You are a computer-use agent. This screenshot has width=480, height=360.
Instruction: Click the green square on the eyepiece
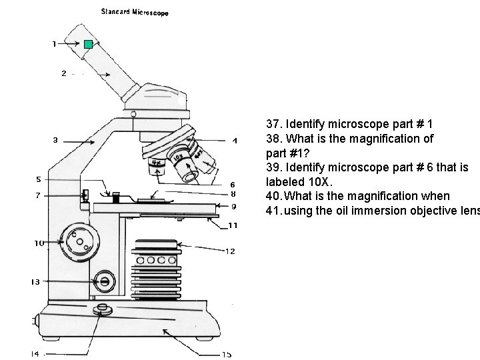(88, 45)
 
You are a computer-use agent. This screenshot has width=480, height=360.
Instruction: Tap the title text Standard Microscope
(134, 12)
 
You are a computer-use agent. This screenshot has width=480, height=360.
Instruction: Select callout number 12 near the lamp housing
(230, 251)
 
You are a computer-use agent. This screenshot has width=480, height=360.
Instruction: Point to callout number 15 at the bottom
(226, 354)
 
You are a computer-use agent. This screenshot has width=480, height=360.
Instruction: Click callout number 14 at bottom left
(35, 353)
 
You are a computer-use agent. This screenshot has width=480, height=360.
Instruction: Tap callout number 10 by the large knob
(39, 243)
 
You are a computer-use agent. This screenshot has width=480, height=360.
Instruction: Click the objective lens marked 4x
(157, 163)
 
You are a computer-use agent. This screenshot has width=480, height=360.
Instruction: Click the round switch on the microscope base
(103, 309)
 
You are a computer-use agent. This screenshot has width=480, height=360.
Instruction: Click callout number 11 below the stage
(233, 225)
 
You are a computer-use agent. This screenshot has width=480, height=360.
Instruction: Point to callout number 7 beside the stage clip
(38, 195)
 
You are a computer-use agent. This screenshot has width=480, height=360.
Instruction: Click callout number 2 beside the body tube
(63, 73)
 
